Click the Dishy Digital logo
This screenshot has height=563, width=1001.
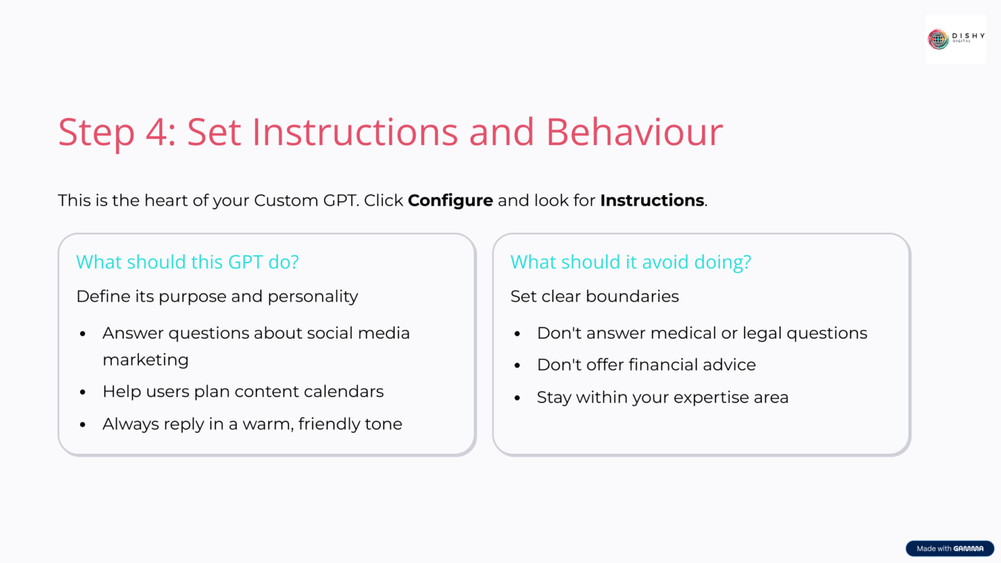point(955,39)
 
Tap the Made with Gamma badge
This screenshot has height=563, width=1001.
point(950,548)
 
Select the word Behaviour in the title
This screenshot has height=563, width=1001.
point(634,131)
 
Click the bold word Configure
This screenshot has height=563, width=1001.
point(450,201)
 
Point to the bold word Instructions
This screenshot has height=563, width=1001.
point(652,201)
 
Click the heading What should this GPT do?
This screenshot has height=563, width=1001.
point(187,262)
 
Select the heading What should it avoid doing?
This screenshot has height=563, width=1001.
point(630,262)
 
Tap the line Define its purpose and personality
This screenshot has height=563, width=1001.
point(217,296)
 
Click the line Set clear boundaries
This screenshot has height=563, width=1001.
point(594,296)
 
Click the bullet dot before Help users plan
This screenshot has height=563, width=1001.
point(83,392)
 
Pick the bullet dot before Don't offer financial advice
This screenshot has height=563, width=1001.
point(517,366)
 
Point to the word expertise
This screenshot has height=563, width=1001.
point(697,398)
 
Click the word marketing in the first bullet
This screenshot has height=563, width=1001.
point(145,360)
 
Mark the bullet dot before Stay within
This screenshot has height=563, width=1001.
point(517,398)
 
